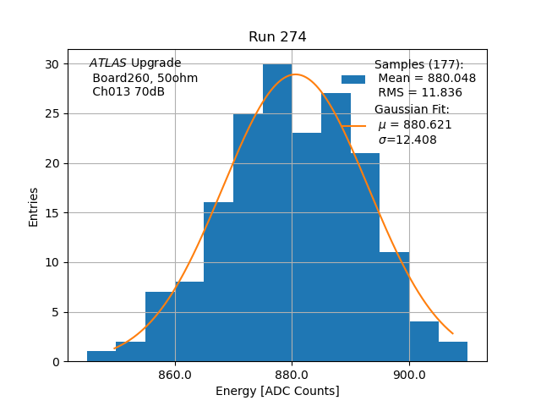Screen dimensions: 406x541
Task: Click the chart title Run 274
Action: [277, 37]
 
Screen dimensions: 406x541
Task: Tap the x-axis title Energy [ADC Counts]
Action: [277, 391]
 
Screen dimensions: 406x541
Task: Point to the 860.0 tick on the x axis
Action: [175, 374]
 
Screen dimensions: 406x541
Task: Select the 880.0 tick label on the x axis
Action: [292, 374]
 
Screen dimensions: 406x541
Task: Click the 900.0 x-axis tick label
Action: [409, 374]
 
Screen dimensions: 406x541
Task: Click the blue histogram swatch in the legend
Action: [353, 79]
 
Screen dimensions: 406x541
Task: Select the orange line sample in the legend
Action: [353, 125]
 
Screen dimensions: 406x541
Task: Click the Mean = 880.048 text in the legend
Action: [427, 79]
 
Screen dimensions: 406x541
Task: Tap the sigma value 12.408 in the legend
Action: [407, 140]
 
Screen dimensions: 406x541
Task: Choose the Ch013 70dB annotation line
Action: [128, 92]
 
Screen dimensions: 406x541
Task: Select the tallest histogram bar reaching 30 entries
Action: [277, 211]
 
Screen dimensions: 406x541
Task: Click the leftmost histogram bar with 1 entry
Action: [101, 356]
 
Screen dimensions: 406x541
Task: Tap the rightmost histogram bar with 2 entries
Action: [453, 351]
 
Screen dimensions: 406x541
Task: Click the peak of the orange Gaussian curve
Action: [294, 74]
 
